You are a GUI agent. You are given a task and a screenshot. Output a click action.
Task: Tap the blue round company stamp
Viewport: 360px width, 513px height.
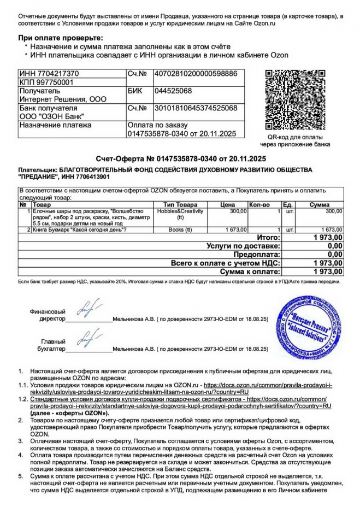(309, 327)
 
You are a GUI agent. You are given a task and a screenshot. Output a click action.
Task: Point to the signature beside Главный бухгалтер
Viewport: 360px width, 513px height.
(89, 338)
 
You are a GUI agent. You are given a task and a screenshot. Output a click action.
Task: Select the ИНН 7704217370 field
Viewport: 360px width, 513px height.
(49, 73)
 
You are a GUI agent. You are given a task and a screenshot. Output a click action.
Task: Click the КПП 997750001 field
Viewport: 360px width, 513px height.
(46, 82)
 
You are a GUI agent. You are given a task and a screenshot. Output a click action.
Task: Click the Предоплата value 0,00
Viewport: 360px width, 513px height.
(335, 254)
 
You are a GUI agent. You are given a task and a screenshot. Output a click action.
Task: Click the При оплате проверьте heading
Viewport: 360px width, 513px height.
(61, 37)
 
